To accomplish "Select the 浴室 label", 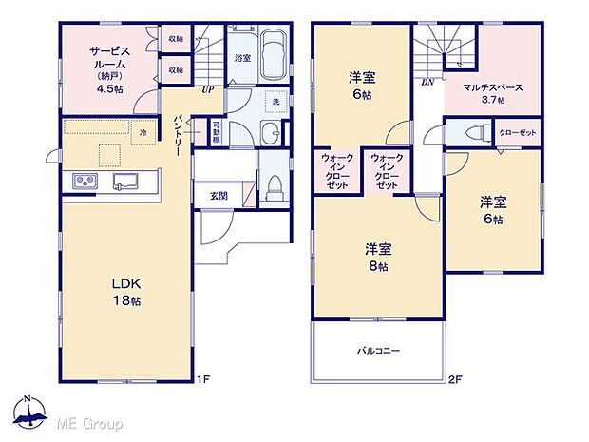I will click(242, 58).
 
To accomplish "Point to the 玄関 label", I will click(218, 196).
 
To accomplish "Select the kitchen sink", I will click(125, 181).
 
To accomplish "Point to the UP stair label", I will click(206, 91).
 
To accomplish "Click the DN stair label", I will click(427, 83).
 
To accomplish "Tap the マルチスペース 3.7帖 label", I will click(490, 93).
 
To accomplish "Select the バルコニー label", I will click(378, 351).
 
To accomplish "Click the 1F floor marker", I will click(201, 379).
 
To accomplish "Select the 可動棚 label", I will click(217, 134).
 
